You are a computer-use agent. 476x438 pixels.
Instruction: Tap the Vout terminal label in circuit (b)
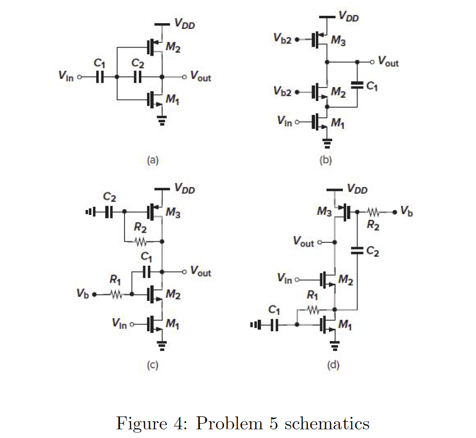click(x=388, y=62)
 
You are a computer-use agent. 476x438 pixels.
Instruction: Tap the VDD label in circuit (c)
click(x=185, y=188)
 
